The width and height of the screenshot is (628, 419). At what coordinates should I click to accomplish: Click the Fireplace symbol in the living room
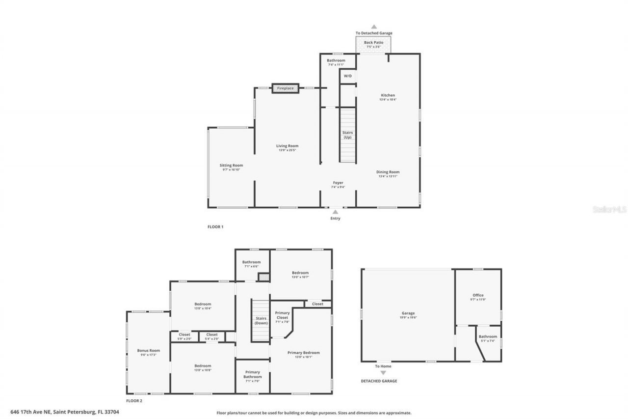285,88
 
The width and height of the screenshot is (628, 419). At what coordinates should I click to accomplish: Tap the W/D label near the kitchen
347,76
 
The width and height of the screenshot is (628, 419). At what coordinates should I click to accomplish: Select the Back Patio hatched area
374,45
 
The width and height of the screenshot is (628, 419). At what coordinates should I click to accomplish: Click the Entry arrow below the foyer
335,212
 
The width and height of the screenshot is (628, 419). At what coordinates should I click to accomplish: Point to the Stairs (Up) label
347,135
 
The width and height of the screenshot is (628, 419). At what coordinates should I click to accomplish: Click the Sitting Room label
231,166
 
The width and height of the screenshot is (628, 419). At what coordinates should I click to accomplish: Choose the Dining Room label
388,172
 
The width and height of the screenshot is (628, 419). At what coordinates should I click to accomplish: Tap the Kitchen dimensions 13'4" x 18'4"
388,100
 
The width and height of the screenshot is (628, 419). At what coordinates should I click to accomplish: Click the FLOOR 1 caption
215,227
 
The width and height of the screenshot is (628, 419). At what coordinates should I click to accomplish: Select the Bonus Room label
148,351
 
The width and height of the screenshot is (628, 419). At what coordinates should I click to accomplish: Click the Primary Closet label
282,315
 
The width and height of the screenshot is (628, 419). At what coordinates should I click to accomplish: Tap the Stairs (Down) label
261,321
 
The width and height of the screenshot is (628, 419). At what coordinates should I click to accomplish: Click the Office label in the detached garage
477,295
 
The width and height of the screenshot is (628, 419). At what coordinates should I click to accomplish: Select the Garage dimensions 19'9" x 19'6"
408,318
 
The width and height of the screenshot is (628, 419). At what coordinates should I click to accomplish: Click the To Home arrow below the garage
383,373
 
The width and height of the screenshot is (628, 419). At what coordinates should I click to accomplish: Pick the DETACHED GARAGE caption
379,381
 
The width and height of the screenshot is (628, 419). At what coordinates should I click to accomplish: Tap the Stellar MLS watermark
609,210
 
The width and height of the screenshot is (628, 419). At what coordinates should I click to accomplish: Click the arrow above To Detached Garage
374,27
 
